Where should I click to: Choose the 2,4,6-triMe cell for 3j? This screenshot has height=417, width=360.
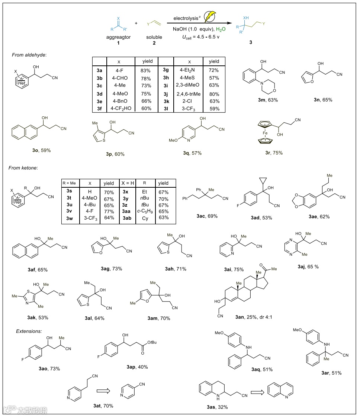[190, 94]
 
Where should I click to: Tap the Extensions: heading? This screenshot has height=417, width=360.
[29, 331]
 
